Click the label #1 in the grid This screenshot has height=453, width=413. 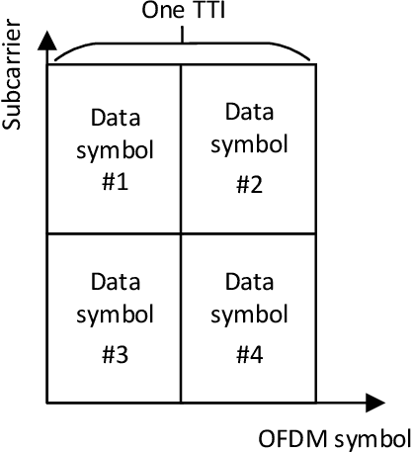point(115,184)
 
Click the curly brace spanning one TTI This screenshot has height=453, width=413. point(183,47)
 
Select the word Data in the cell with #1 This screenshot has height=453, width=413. point(115,118)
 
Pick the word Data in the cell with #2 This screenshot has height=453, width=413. point(248,111)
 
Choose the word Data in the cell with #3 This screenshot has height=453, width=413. point(115,285)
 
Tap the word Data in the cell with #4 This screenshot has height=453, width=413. point(248,285)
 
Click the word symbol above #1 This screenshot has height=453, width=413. point(115,150)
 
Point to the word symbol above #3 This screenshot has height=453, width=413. point(115,318)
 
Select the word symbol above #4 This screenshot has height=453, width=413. point(248,318)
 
